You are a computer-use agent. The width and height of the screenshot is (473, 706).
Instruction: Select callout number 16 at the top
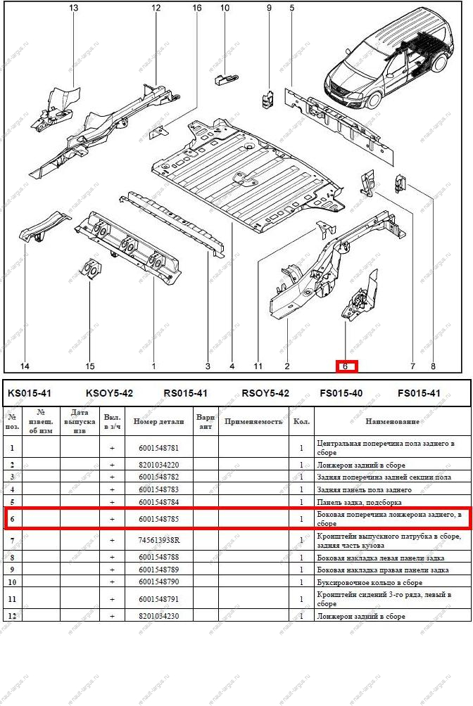click(197, 8)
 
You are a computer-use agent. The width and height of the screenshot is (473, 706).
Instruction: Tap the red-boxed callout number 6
click(345, 366)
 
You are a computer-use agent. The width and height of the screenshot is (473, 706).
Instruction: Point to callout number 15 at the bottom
click(90, 366)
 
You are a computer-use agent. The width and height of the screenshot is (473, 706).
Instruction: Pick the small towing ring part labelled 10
click(223, 78)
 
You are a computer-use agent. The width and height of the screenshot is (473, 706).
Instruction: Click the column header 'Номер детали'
click(159, 422)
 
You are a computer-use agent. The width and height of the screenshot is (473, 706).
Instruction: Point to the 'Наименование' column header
click(392, 422)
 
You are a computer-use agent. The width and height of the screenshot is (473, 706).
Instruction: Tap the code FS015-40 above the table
click(341, 393)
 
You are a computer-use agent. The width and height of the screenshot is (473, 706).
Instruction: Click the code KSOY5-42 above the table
click(109, 393)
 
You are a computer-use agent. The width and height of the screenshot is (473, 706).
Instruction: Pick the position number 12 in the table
click(12, 617)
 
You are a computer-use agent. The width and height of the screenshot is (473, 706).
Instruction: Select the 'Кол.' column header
click(301, 422)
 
